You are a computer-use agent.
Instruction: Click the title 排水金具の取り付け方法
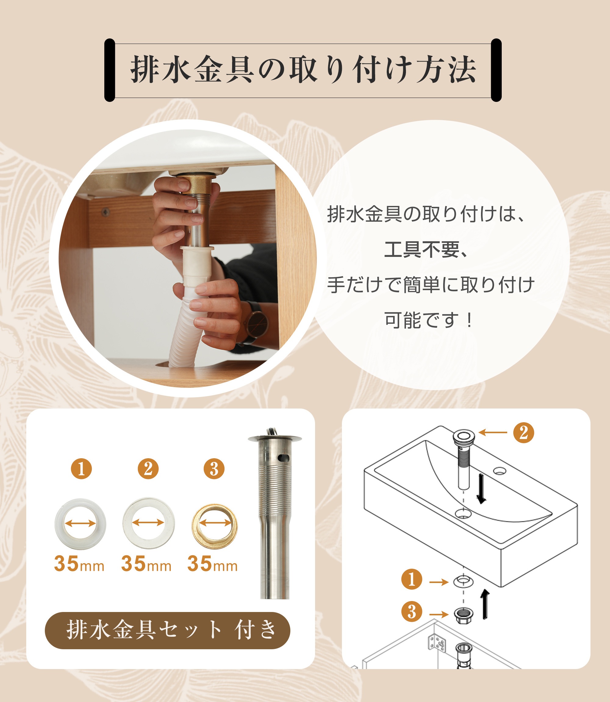[x=303, y=70]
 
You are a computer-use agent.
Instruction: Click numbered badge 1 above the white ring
[x=81, y=469]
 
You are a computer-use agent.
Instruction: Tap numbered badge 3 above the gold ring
[x=214, y=469]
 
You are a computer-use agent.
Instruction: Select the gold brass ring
[x=214, y=526]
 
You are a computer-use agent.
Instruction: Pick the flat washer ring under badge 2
[x=149, y=523]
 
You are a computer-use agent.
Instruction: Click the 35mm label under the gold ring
[x=212, y=564]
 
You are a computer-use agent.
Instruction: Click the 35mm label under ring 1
[x=79, y=564]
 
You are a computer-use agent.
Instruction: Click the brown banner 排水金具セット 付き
[x=167, y=630]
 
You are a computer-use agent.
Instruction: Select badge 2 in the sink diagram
[x=524, y=433]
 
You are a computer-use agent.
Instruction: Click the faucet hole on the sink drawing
[x=500, y=471]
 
